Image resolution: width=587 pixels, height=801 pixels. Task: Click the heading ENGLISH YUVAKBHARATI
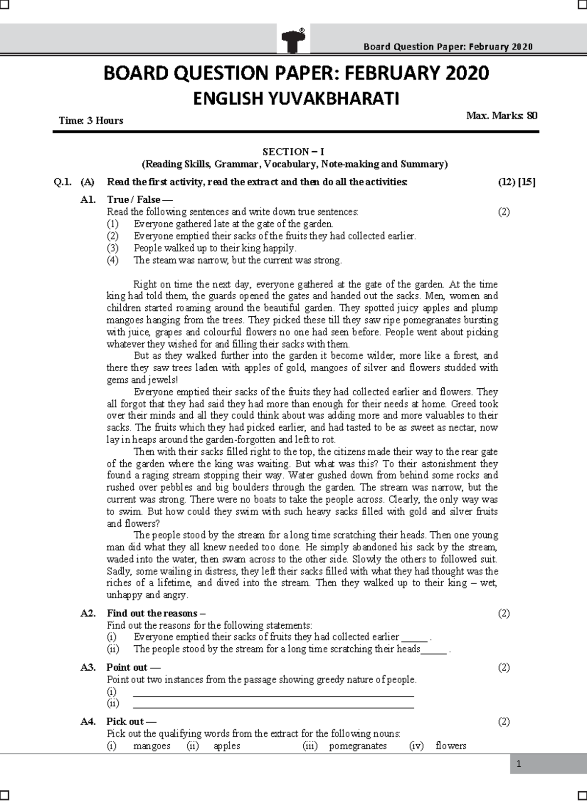point(296,99)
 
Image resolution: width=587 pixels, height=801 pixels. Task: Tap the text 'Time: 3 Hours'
point(91,120)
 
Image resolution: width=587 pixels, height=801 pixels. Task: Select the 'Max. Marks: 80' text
point(501,116)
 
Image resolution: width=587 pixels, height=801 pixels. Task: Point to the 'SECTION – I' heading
point(293,152)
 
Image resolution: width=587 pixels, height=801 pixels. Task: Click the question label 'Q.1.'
point(63,182)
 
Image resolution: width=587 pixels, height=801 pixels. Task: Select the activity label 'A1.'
point(88,200)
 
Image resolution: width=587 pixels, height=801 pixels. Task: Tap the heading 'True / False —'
point(139,200)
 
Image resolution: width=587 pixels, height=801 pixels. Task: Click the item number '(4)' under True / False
point(113,260)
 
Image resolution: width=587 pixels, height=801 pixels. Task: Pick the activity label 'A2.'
point(88,613)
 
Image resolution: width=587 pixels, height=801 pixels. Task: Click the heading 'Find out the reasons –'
point(156,613)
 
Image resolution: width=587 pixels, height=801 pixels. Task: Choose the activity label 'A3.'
point(88,667)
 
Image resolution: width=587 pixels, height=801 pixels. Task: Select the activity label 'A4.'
point(88,722)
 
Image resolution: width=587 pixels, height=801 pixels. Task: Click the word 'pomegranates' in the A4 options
point(358,746)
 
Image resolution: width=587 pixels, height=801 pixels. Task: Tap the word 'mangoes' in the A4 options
point(152,746)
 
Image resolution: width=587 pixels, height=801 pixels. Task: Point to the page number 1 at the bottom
point(519,765)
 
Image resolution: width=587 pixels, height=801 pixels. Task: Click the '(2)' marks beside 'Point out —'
point(504,667)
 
